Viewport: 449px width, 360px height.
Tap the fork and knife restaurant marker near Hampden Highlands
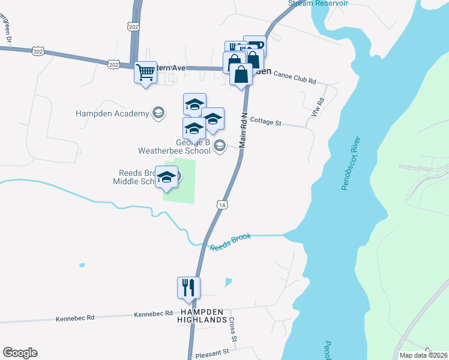pos(188,288)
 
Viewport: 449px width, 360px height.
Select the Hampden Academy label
pos(112,113)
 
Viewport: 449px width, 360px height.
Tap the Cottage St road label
pos(265,122)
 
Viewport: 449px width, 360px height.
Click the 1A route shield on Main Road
pos(222,205)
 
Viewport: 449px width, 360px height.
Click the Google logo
pos(20,353)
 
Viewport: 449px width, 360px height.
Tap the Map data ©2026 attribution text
pos(424,355)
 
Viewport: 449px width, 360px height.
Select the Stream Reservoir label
pos(318,3)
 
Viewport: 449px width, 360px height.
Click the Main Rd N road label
pos(244,130)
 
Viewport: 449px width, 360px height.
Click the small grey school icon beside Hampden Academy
pos(158,113)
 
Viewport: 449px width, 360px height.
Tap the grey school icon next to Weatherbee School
pos(220,145)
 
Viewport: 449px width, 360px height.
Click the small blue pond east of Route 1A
pos(228,282)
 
